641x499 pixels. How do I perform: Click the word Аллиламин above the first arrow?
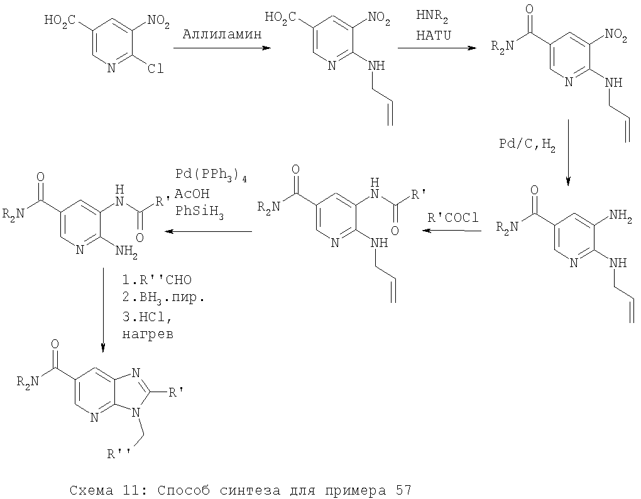click(x=222, y=35)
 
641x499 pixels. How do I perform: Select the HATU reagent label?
click(x=434, y=36)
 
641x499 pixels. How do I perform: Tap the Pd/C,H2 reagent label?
click(x=527, y=145)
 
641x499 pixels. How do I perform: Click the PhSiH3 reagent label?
click(x=199, y=212)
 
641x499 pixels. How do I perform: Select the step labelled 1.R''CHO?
click(x=157, y=280)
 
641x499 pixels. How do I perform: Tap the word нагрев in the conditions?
click(x=148, y=335)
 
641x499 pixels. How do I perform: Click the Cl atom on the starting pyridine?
click(x=155, y=69)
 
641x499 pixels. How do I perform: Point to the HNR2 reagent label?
click(x=432, y=17)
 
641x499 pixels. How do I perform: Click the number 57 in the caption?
click(x=403, y=490)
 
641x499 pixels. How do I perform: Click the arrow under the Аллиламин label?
click(x=222, y=48)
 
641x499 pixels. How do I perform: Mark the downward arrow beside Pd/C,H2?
click(x=567, y=153)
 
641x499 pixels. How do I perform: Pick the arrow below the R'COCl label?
click(x=452, y=231)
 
